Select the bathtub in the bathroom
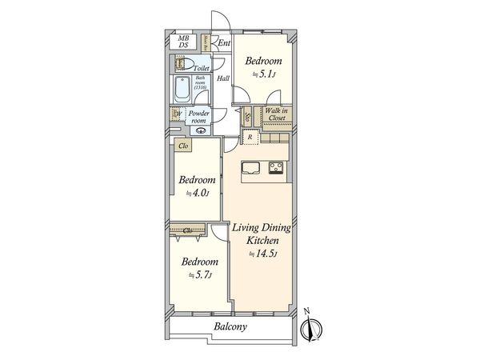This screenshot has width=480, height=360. pyautogui.click(x=181, y=90)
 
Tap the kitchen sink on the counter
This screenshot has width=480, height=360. pyautogui.click(x=250, y=168)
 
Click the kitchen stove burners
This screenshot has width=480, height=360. pyautogui.click(x=277, y=168)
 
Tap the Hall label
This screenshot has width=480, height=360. pyautogui.click(x=222, y=78)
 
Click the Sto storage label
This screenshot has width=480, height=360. pyautogui.click(x=247, y=116)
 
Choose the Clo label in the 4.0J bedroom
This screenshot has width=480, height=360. pyautogui.click(x=183, y=146)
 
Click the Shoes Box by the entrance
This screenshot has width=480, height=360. pyautogui.click(x=206, y=43)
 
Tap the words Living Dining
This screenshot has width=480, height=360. pyautogui.click(x=261, y=229)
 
